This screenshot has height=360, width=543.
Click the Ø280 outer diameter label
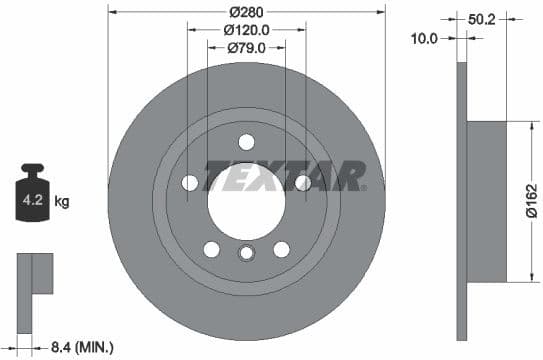tap(246, 12)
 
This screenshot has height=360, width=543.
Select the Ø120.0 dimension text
tap(246, 30)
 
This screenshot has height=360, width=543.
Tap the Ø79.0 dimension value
tap(246, 48)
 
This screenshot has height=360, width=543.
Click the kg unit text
tap(62, 201)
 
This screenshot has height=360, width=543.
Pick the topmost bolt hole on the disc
tap(246, 142)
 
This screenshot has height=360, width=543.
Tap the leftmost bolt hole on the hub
tap(189, 182)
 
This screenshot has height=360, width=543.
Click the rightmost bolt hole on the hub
tap(303, 182)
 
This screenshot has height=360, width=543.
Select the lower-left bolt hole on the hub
tap(211, 249)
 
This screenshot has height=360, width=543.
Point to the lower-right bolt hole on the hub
tap(281, 249)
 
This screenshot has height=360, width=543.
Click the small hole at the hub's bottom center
tap(246, 254)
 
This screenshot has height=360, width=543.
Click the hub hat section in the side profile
tap(490, 200)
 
